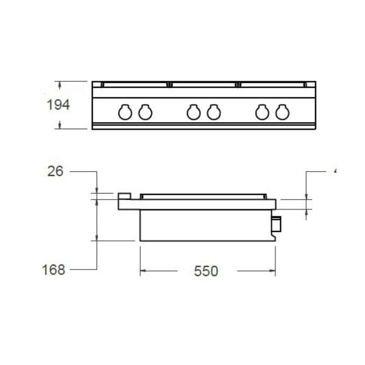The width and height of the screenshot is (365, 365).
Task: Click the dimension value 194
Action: click(58, 105)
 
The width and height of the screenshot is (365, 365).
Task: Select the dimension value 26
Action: click(55, 172)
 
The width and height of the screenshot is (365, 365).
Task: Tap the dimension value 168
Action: click(53, 270)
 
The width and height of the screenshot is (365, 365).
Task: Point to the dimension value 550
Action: click(206, 271)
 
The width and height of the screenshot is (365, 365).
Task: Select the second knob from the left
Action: click(145, 112)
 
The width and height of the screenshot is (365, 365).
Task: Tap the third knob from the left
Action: click(193, 112)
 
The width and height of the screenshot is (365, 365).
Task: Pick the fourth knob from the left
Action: click(214, 112)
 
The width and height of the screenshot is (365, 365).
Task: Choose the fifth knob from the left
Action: click(262, 112)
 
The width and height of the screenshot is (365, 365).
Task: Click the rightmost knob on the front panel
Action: click(282, 112)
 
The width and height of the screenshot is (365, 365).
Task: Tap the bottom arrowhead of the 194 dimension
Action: click(60, 125)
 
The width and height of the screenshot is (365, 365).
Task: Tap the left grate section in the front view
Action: click(135, 85)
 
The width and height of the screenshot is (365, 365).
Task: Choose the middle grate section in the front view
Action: click(203, 85)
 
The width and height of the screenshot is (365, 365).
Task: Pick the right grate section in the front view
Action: click(271, 85)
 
